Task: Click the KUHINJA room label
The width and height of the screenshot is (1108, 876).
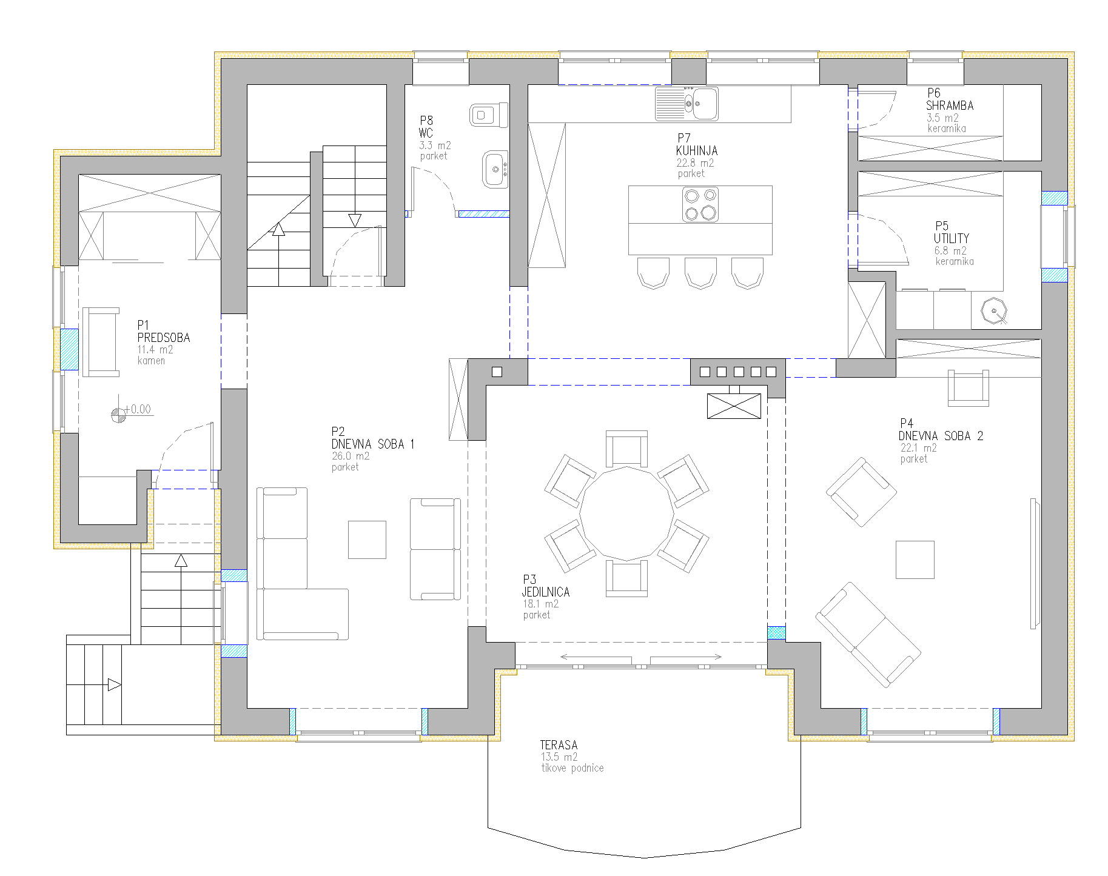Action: click(x=697, y=150)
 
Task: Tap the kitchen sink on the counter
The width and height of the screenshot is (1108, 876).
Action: click(x=687, y=104)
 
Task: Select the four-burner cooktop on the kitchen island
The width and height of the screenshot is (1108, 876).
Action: click(x=700, y=204)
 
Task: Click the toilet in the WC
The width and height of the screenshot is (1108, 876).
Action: click(x=489, y=115)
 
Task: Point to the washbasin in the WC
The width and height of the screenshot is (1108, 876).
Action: click(x=495, y=169)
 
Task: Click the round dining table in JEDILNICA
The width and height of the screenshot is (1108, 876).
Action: click(x=626, y=513)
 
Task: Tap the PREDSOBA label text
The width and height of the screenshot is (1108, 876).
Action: click(x=164, y=338)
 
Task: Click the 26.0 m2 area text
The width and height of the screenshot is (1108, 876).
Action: click(x=351, y=456)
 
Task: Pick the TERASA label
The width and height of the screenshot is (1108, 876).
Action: click(x=559, y=745)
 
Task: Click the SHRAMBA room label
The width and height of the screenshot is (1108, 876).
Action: click(x=950, y=105)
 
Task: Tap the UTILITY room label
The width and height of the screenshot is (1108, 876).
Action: click(x=952, y=238)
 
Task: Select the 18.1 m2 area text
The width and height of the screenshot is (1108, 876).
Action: click(x=541, y=604)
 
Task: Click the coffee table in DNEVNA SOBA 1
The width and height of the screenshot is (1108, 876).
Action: click(x=367, y=540)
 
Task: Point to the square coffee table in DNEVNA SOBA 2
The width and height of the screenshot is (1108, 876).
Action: click(x=915, y=560)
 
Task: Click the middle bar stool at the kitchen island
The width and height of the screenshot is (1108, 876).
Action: click(x=700, y=273)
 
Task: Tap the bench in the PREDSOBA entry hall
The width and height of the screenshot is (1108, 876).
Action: click(x=101, y=342)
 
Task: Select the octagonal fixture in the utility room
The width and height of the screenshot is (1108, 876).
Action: click(x=994, y=312)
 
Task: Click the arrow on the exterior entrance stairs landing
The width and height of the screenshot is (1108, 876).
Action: click(x=115, y=685)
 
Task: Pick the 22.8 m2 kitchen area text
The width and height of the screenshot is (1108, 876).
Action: click(x=695, y=163)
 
